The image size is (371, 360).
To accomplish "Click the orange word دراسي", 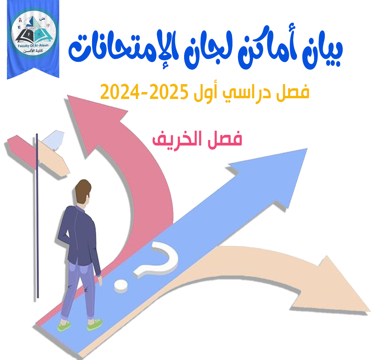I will tap(241, 92).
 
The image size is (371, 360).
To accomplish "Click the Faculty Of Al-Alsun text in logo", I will tap(33, 45).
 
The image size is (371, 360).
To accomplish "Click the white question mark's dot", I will tap(121, 286).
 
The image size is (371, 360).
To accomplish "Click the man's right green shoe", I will tap(95, 324).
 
